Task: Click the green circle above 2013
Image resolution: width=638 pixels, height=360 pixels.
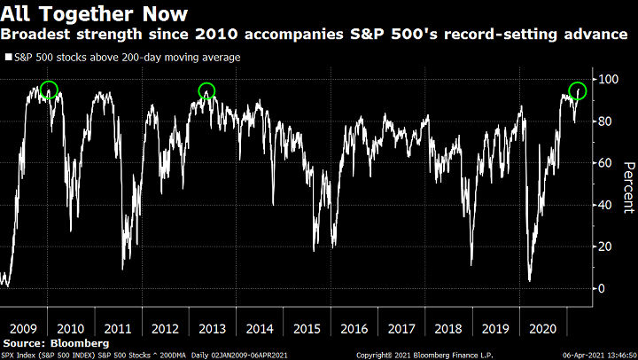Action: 206,90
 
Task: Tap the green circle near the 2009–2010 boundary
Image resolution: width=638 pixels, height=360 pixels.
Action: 49,90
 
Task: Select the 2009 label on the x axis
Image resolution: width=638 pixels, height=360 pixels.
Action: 23,327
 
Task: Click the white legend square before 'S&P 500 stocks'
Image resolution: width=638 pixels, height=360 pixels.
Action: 8,58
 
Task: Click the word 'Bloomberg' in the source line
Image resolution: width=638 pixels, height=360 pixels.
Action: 80,341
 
